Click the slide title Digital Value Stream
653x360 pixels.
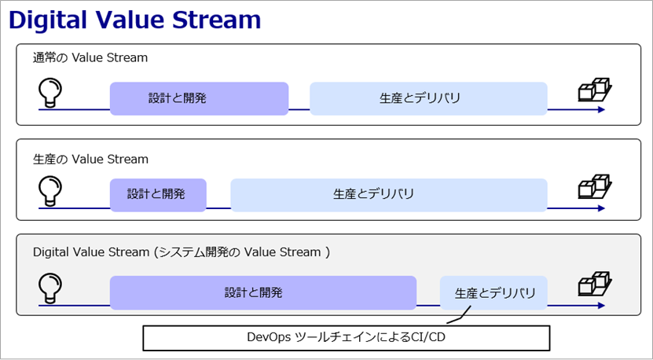click(134, 20)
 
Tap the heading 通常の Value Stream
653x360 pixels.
click(90, 57)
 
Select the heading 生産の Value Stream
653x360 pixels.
click(90, 159)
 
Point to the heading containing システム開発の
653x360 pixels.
click(182, 252)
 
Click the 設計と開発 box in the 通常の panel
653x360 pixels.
click(199, 99)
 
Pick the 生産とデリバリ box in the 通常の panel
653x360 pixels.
click(428, 99)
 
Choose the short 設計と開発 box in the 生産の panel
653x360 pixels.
click(158, 195)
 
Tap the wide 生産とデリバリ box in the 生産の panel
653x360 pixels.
click(389, 195)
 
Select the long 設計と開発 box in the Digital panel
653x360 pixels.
click(263, 293)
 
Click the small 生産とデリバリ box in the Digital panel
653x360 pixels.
click(494, 293)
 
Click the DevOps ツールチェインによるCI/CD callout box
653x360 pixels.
click(346, 338)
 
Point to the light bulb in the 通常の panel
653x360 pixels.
click(50, 93)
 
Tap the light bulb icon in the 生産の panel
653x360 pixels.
click(50, 191)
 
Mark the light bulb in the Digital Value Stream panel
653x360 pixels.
click(50, 288)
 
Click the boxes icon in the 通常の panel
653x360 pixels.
click(595, 90)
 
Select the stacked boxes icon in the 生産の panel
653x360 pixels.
click(595, 187)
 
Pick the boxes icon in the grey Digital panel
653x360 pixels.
click(595, 285)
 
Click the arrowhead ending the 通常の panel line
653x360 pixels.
click(601, 109)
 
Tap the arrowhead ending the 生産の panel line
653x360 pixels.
click(601, 208)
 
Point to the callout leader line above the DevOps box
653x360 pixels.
click(461, 317)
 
